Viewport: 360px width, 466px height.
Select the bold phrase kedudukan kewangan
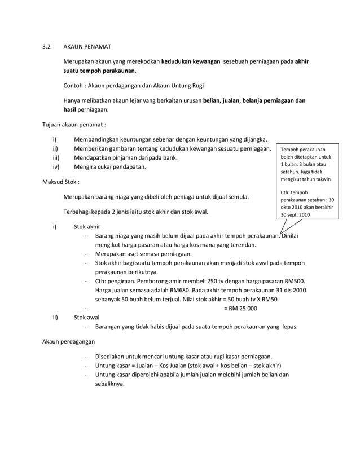coord(191,61)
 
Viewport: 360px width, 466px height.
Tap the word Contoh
coord(72,86)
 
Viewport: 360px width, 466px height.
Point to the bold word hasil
coord(69,111)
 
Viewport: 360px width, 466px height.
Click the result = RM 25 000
coord(240,308)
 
